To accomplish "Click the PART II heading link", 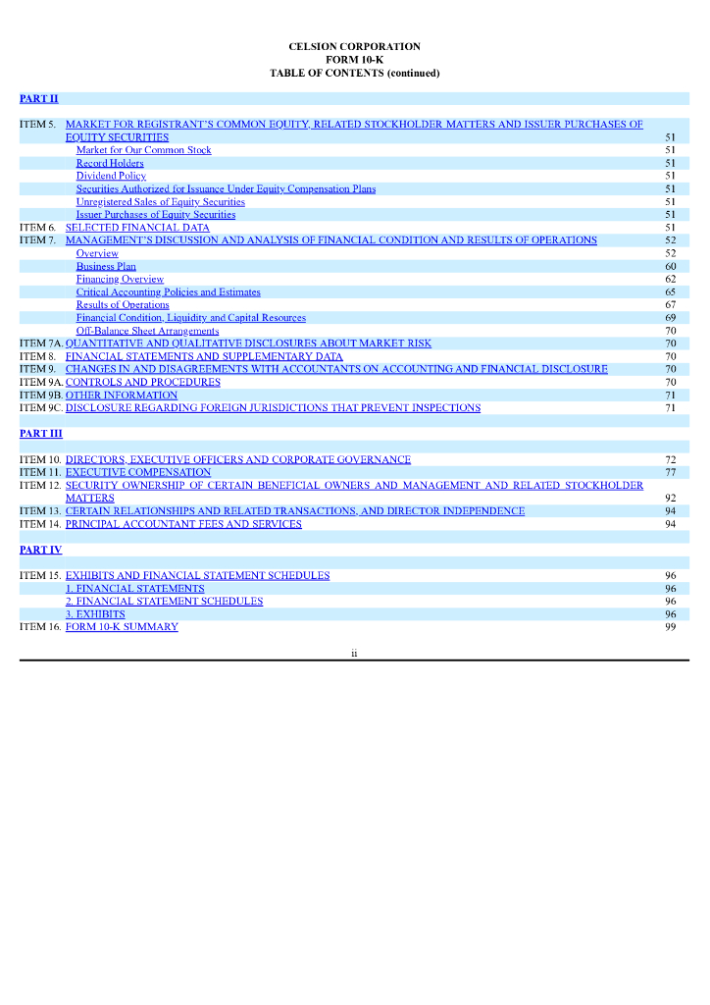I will (39, 98).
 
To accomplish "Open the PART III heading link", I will (41, 433).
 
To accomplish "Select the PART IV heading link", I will (41, 550).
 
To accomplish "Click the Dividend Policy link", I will (111, 176).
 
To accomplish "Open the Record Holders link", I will (110, 163).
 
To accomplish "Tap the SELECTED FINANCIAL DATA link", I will (137, 227).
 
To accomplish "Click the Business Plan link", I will (106, 266).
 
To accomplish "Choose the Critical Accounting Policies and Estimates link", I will (169, 291).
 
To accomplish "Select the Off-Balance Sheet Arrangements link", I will (147, 331).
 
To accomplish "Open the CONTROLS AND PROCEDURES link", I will (143, 382).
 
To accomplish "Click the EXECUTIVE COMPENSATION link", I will (138, 472).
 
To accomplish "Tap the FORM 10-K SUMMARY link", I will (122, 627).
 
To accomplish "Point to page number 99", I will (670, 627).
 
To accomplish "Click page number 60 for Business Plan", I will (670, 266).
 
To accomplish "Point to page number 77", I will (670, 472).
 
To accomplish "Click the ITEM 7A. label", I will (40, 344).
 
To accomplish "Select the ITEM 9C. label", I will (40, 407).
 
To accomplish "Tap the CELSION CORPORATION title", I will (354, 46).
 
